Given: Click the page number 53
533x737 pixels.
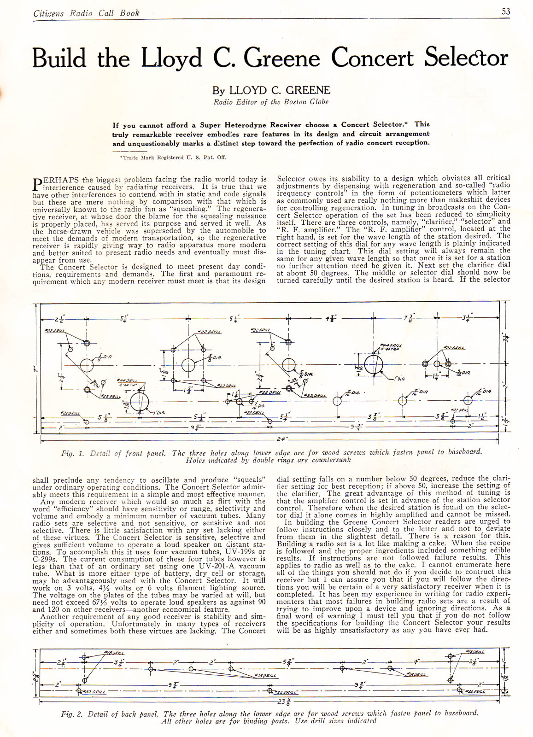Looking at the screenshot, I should pos(505,12).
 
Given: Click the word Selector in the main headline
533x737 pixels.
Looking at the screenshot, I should pos(466,58).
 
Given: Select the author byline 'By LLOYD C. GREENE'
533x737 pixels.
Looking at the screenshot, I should pos(271,90).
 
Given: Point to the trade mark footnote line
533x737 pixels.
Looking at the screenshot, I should pos(173,158).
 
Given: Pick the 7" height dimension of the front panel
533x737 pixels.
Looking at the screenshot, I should pos(35,368).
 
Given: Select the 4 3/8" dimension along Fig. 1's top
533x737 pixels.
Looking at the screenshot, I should pos(331,317).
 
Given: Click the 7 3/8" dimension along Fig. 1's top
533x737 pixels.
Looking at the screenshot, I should pos(409,317).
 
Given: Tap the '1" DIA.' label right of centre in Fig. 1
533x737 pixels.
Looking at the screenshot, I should pos(399,379).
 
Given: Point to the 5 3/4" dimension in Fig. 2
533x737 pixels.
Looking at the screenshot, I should pos(288,662).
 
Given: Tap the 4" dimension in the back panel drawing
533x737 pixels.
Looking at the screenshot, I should pos(416,662).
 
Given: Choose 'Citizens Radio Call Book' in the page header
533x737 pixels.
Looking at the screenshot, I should pos(86,13).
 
